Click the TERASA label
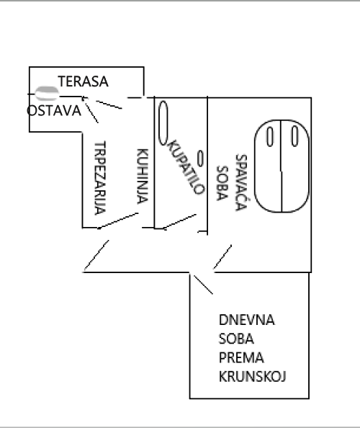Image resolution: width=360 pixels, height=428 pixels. [x=84, y=81]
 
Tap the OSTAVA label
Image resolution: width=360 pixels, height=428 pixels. [x=54, y=110]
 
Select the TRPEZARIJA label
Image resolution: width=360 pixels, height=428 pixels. [x=100, y=178]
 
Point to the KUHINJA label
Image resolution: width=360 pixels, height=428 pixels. [x=143, y=176]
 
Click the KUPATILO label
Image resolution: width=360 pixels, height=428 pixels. [x=186, y=167]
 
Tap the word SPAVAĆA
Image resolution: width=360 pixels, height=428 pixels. [x=241, y=182]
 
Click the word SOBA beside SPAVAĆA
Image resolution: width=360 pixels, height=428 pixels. [x=222, y=183]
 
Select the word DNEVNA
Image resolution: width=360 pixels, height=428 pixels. [x=246, y=320]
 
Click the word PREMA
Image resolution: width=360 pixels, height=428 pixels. [x=241, y=357]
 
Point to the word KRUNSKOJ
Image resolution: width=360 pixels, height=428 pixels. [x=252, y=376]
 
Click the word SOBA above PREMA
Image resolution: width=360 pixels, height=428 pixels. [x=236, y=339]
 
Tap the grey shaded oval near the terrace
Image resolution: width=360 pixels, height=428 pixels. [x=47, y=93]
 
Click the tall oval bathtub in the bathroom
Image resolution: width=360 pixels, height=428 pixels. [x=163, y=122]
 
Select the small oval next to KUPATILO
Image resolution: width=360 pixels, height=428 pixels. [x=200, y=159]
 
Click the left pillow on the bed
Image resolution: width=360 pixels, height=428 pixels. [x=270, y=137]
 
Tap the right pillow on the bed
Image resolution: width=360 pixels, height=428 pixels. [x=294, y=136]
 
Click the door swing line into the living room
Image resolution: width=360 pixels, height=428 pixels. [x=203, y=285]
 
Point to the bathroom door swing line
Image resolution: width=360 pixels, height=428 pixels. [x=179, y=222]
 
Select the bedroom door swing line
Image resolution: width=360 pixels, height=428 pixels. [x=222, y=257]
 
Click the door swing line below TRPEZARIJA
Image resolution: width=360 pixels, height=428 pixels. [x=118, y=220]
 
